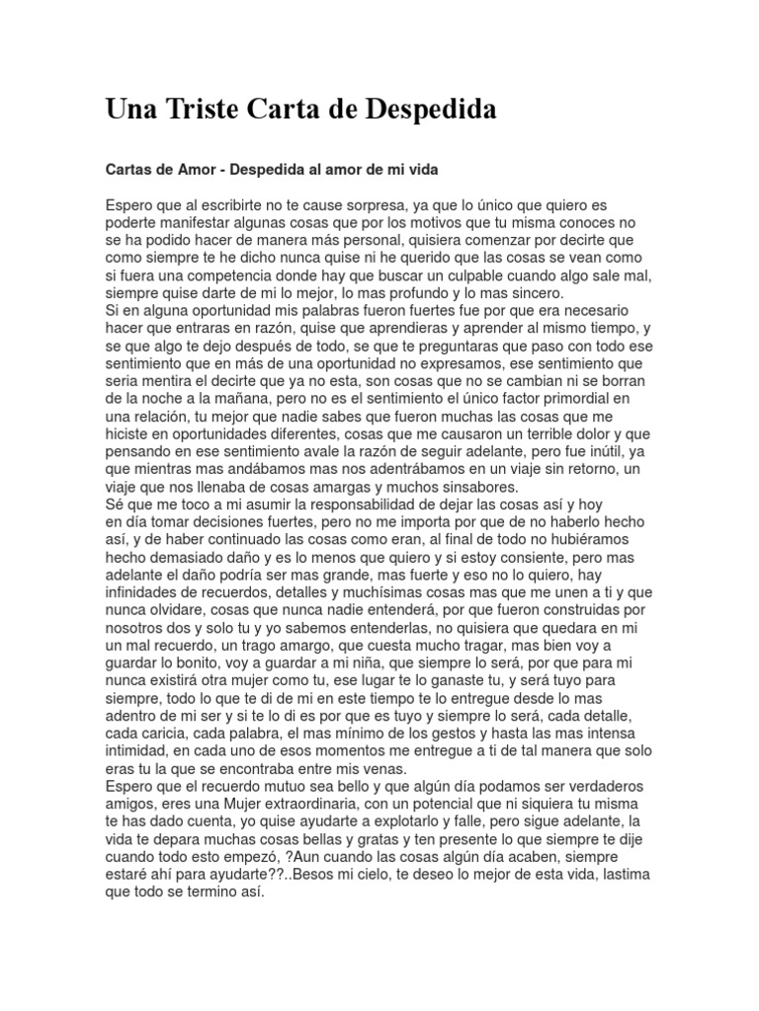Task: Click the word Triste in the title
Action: [x=211, y=110]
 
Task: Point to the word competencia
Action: [x=211, y=276]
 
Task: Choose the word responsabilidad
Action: [x=357, y=507]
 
